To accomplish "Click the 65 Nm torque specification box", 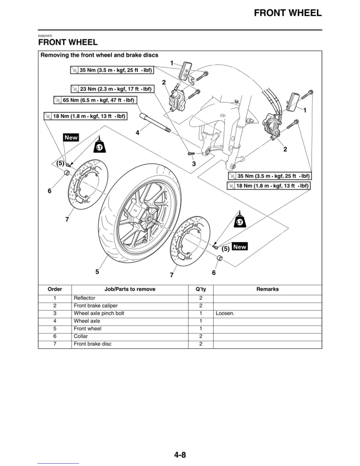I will click(x=95, y=100).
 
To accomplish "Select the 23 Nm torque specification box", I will click(x=112, y=89).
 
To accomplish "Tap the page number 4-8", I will click(x=180, y=455).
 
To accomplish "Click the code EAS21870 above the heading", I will click(x=45, y=36).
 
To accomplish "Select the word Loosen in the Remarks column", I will click(x=225, y=313).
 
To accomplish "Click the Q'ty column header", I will click(x=201, y=289).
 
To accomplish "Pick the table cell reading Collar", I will click(x=81, y=336).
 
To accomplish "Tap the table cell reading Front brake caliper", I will click(x=96, y=306).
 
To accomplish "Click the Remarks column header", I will click(x=267, y=289).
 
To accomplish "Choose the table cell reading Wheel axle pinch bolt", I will click(x=99, y=313).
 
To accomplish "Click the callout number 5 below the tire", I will click(x=97, y=272).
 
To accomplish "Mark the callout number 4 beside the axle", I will click(x=137, y=133).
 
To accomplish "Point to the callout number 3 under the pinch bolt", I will click(x=194, y=164).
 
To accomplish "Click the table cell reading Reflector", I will click(x=84, y=298).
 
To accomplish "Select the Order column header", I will click(x=55, y=289).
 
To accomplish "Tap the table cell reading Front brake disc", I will click(x=93, y=344).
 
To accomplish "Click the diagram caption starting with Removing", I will click(x=99, y=55).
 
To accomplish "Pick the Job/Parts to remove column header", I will click(x=130, y=289).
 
